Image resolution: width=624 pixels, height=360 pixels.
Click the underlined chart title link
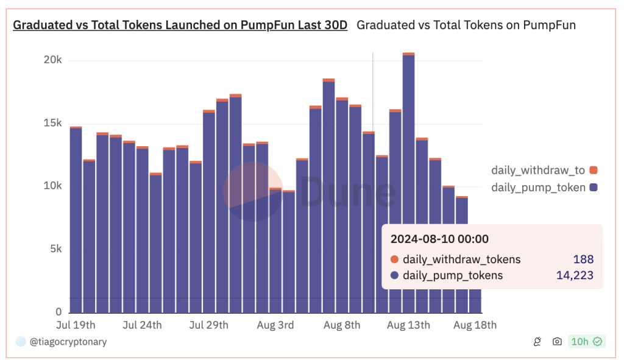pos(180,26)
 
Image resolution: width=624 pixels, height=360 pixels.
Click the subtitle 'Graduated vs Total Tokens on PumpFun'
pos(466,26)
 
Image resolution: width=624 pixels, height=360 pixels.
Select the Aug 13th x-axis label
pos(408,325)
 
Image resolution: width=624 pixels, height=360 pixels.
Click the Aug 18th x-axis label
pos(475,325)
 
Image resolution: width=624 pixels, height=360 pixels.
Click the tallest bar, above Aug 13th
pos(409,183)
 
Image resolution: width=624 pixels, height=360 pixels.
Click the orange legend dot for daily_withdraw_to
pos(594,171)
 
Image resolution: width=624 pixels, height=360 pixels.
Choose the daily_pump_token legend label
pos(538,188)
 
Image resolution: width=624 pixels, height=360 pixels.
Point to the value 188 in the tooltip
pos(583,259)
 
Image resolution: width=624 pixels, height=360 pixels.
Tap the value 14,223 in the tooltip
pos(575,275)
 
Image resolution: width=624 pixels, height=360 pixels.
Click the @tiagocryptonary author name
pos(68,342)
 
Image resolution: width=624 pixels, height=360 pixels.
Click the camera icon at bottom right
pos(557,342)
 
